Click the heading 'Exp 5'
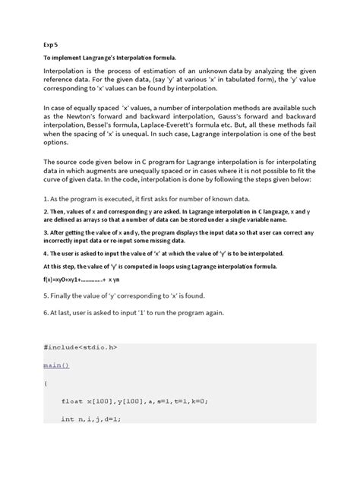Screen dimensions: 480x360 click(51, 43)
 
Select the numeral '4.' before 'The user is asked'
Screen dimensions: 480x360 click(46, 251)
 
